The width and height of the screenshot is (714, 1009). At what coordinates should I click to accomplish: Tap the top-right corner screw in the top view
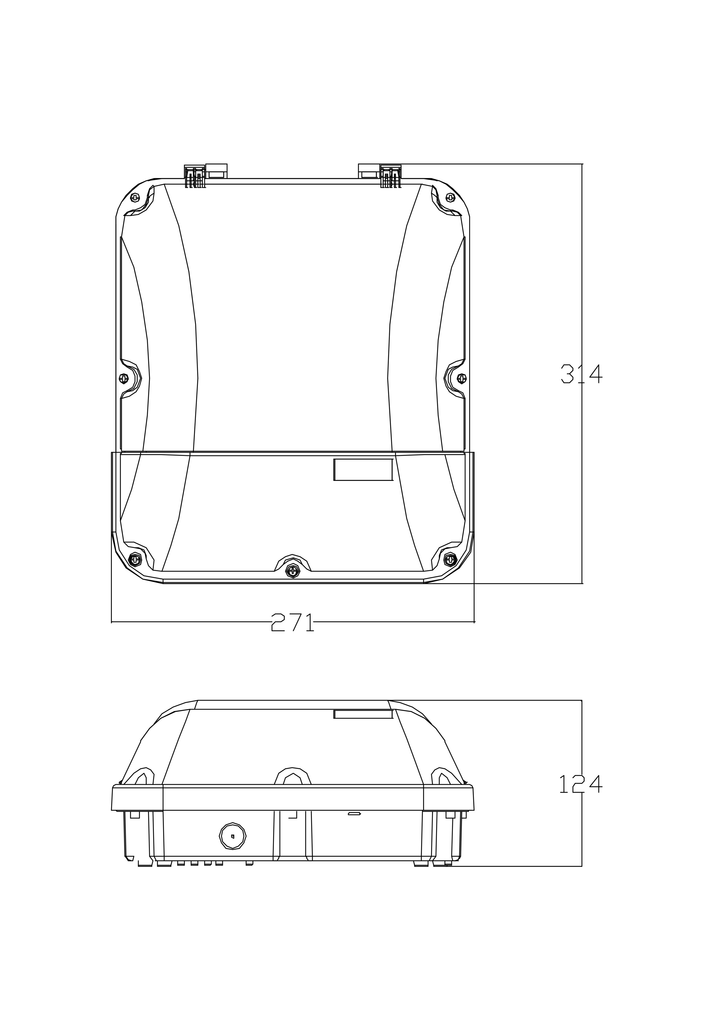coord(450,198)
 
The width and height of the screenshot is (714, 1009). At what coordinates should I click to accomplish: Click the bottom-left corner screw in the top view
coord(135,559)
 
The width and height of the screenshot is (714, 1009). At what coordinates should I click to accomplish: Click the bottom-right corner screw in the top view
coord(451,559)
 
